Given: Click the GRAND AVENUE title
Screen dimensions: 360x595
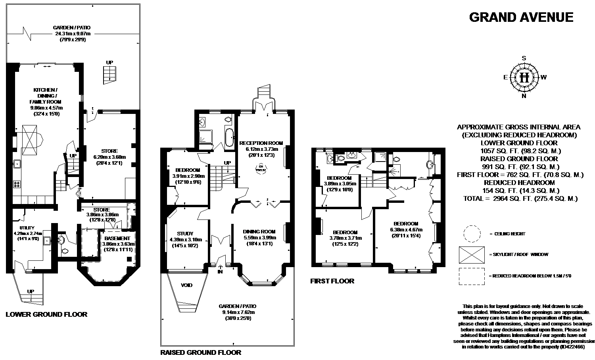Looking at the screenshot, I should (521, 17).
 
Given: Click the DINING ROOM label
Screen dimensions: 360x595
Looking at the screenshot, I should (259, 231).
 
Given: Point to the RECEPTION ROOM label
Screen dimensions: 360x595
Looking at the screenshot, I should (261, 143).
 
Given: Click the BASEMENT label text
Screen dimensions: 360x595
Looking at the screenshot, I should (118, 238).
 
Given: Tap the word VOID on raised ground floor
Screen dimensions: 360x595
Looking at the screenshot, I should (187, 285).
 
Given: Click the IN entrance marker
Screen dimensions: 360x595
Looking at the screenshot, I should (220, 272).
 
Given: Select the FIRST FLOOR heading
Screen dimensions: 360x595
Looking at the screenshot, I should (332, 281).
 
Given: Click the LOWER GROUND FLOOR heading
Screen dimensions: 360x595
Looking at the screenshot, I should (46, 314).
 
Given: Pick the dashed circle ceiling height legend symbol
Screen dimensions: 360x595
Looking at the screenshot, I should (472, 234).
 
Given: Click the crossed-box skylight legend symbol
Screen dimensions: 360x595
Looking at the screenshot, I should (472, 254).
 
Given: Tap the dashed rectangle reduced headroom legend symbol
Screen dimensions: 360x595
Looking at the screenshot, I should (472, 276).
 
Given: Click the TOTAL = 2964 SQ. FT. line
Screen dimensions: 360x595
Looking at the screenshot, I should (520, 198).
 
